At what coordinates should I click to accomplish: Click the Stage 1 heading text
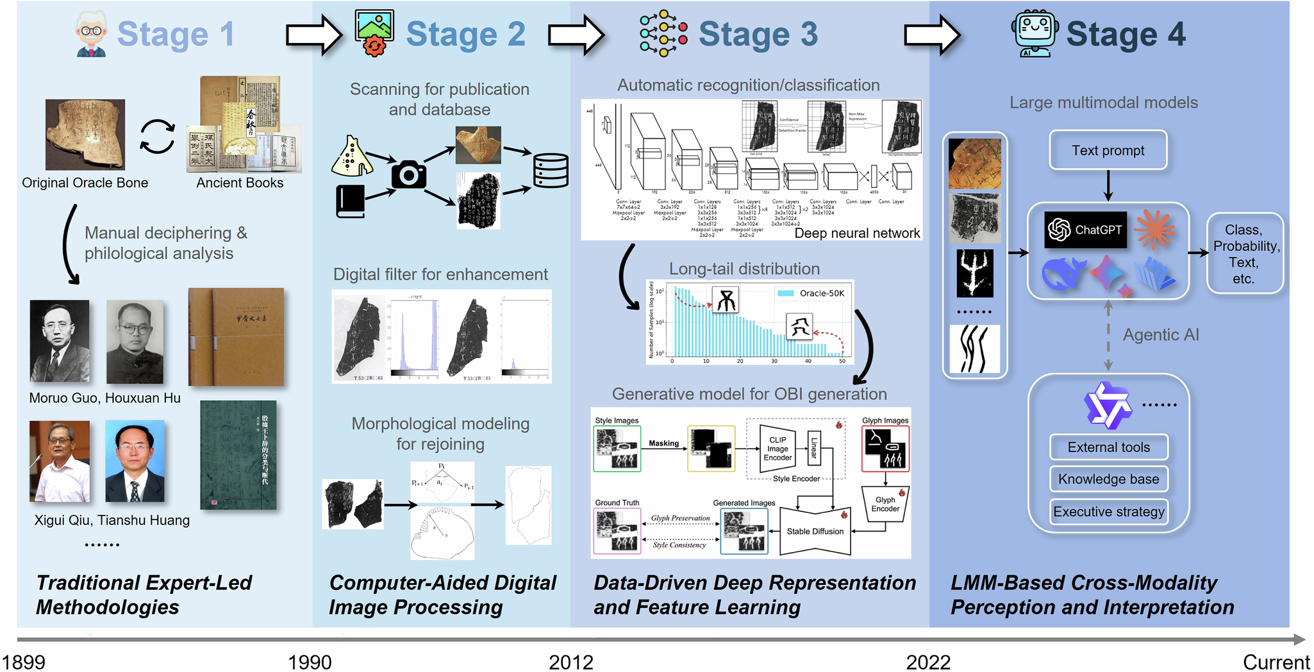(x=176, y=34)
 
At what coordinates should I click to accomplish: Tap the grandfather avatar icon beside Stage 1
(x=91, y=34)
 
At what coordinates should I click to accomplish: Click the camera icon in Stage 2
(x=408, y=174)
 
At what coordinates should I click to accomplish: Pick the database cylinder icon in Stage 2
(x=551, y=170)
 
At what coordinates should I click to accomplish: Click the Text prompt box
(x=1108, y=151)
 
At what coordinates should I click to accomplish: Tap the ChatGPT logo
(x=1085, y=230)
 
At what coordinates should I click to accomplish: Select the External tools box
(x=1108, y=447)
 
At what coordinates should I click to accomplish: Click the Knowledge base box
(x=1108, y=479)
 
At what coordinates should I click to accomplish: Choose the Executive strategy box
(x=1108, y=512)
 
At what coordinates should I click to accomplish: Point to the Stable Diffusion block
(x=815, y=532)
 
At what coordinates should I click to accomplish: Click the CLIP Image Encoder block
(x=777, y=449)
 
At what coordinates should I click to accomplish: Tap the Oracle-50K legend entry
(x=811, y=293)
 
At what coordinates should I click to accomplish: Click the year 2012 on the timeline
(x=570, y=662)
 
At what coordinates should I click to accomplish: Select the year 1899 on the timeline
(x=24, y=662)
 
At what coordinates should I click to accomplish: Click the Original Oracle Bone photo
(x=85, y=134)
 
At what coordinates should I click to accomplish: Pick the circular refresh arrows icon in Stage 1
(x=157, y=137)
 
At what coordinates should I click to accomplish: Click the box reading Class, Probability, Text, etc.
(x=1244, y=254)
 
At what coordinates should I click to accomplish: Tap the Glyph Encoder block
(x=885, y=505)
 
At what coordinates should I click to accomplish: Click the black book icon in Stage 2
(x=350, y=201)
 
